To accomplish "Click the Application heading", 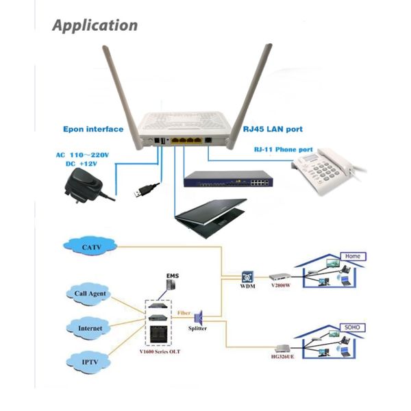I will pos(95,26).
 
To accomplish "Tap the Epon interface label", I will pos(93,129).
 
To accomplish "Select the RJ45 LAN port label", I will pos(273,129).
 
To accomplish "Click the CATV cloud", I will pos(91,247).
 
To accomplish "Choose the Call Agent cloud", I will pos(89,294).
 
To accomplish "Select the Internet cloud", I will pos(90,328).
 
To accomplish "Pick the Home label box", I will pos(354,256).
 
